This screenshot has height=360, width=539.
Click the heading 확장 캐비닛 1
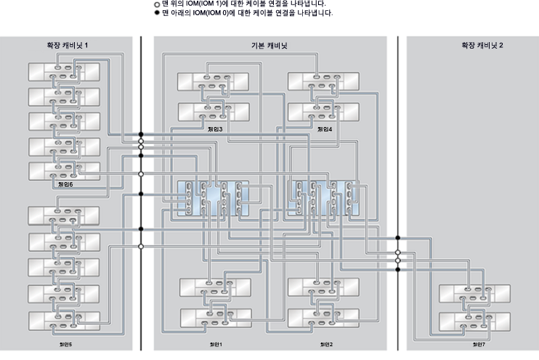click(67, 45)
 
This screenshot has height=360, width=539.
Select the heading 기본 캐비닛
click(269, 45)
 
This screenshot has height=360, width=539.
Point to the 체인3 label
click(214, 128)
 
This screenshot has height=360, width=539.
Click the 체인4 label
click(324, 128)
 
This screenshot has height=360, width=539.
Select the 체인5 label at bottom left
click(65, 344)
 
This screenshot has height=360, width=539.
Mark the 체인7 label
click(477, 344)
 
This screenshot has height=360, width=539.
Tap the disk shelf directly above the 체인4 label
click(324, 112)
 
